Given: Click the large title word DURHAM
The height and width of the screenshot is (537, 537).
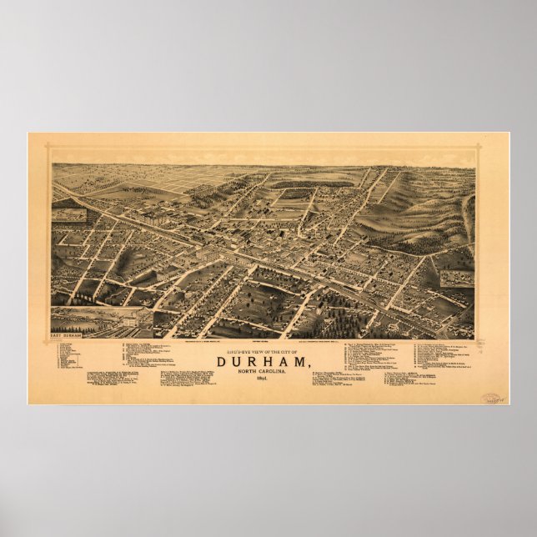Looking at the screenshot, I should pos(263,361).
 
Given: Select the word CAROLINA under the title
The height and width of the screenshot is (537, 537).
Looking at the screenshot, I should pos(279,372).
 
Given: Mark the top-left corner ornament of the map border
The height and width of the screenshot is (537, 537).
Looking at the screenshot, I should pos(48,151).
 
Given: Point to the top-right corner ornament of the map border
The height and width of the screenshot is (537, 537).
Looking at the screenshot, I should pos(479,151).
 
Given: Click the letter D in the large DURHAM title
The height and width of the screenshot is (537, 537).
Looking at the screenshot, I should pos(223,361).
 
